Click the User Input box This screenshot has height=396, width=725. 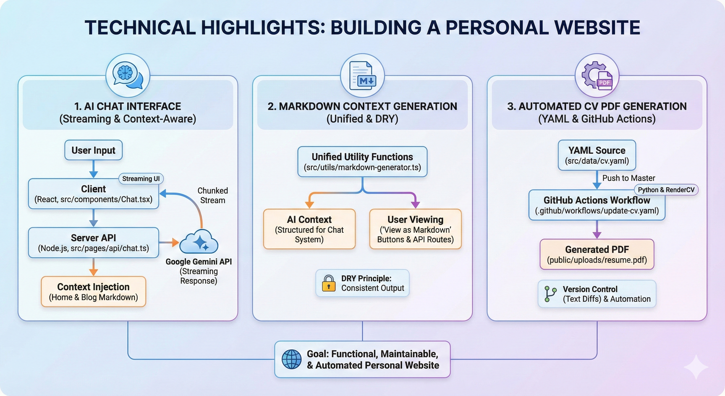click(x=93, y=150)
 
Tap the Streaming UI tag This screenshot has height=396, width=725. click(x=141, y=179)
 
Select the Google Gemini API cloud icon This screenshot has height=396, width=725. click(x=199, y=242)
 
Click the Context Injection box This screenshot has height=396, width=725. click(x=93, y=291)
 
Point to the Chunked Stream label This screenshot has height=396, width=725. click(x=212, y=195)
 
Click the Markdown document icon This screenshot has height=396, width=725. click(x=362, y=76)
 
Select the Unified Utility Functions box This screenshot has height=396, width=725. click(x=362, y=161)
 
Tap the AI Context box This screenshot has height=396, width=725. click(x=309, y=229)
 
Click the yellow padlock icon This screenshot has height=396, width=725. click(x=329, y=283)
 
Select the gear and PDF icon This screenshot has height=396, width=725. click(x=597, y=76)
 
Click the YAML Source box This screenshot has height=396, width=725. click(x=597, y=155)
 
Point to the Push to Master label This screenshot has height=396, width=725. click(x=628, y=178)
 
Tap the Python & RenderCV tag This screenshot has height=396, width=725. click(x=666, y=190)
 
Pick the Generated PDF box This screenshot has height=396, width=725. click(x=597, y=254)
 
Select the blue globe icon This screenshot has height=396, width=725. click(x=292, y=359)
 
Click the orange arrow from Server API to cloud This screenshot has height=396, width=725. click(x=169, y=242)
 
